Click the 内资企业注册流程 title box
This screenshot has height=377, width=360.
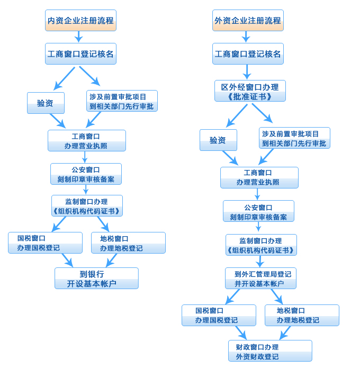(x=80, y=21)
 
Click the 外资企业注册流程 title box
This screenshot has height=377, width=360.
(x=248, y=21)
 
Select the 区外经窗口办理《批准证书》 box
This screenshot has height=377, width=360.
(x=250, y=91)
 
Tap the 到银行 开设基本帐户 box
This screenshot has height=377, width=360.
(x=96, y=279)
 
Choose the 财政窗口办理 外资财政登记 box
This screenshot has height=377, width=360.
(x=270, y=351)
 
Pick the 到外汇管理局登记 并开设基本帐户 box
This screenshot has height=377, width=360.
(x=260, y=279)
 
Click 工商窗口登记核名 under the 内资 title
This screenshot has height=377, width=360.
(x=80, y=54)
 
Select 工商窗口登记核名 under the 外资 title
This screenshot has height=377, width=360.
(x=248, y=54)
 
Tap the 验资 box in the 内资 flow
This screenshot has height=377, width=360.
(x=46, y=103)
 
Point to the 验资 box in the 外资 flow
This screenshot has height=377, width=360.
(x=218, y=140)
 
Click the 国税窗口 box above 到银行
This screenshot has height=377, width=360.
(x=45, y=243)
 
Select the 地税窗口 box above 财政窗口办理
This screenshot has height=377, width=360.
(x=302, y=316)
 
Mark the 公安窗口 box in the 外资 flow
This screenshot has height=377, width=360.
(x=258, y=211)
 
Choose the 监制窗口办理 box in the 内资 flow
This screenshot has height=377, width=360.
(x=87, y=206)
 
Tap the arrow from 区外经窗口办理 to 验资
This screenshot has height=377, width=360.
(x=237, y=116)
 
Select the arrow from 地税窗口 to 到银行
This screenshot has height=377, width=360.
(x=111, y=261)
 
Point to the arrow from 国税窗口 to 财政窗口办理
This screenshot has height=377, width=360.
(x=241, y=333)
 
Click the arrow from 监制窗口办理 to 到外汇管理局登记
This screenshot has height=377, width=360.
(x=259, y=262)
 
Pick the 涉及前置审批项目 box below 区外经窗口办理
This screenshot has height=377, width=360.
(x=294, y=138)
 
